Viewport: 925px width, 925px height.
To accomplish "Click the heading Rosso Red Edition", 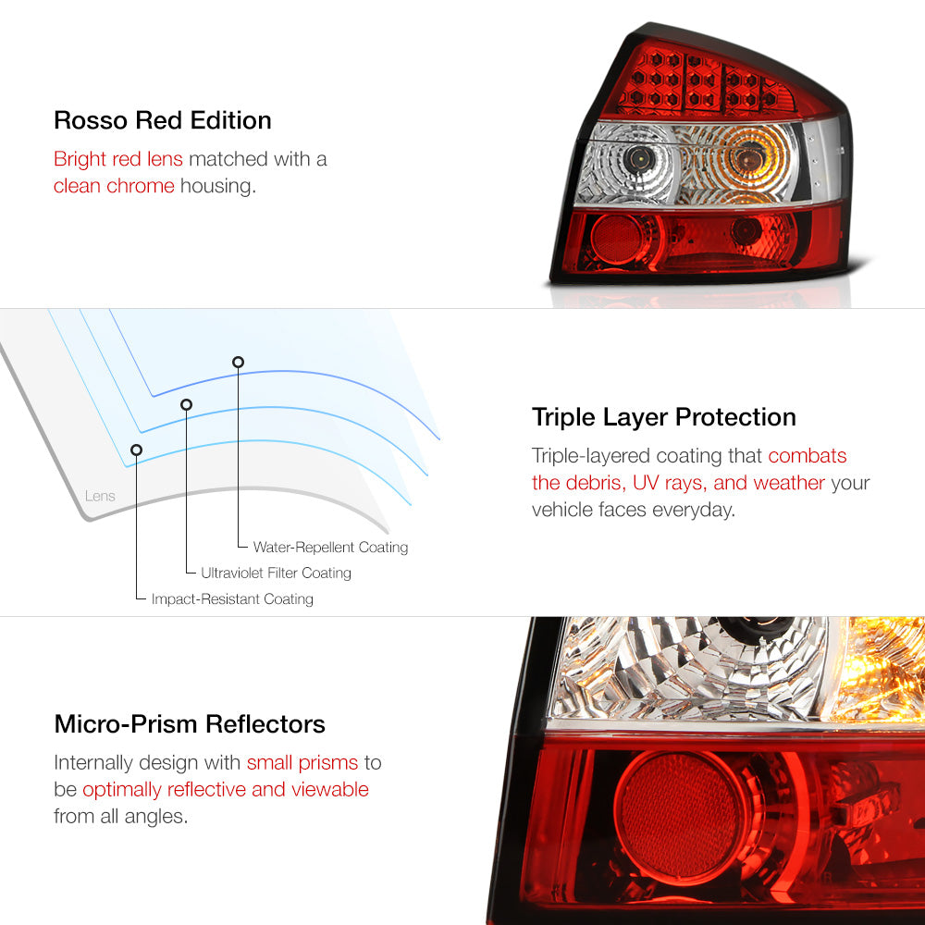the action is coord(162,120).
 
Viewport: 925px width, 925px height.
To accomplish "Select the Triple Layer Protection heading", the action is coord(663,417).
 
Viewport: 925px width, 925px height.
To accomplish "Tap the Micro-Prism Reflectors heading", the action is coord(190,724).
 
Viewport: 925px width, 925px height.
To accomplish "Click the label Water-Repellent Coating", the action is coord(330,547).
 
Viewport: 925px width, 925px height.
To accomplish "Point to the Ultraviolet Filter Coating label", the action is coord(276,573).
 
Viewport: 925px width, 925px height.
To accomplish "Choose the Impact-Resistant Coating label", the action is coord(232,598).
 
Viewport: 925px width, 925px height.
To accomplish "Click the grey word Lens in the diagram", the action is coord(100,496).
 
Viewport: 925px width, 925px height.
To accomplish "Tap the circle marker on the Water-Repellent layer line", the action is coord(238,363).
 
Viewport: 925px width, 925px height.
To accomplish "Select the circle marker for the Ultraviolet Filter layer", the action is coord(187,405).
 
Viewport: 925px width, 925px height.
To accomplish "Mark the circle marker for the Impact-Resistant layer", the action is coord(136,450).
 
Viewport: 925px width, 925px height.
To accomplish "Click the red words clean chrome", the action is coord(114,186).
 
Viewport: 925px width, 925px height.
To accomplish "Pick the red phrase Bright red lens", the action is coord(118,159).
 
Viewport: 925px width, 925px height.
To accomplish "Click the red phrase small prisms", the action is coord(302,763).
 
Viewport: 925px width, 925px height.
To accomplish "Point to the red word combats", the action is coord(807,455).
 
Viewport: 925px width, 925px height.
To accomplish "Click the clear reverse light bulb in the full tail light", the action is coord(639,157).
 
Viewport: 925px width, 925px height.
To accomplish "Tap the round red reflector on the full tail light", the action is coord(616,239).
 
